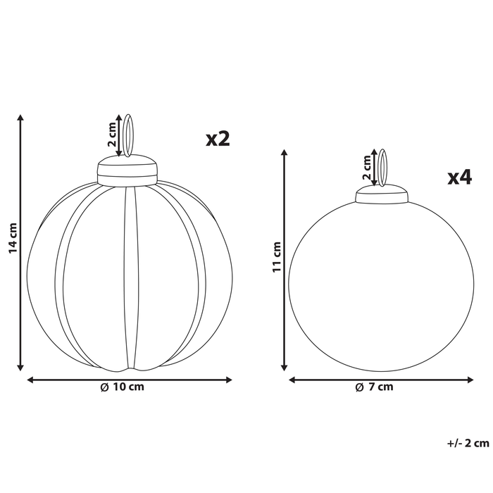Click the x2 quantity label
218,139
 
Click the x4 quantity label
459,177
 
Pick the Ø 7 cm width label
374,387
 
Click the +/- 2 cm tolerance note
468,443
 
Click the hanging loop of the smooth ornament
382,167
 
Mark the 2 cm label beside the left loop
111,135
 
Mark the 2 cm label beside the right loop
366,168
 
